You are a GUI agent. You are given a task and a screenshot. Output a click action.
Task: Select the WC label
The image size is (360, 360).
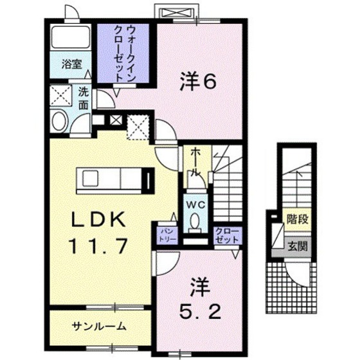(195, 204)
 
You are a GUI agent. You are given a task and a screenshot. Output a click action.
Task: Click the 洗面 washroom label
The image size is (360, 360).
(84, 96)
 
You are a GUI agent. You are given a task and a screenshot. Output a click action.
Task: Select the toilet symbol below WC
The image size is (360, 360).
(195, 222)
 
